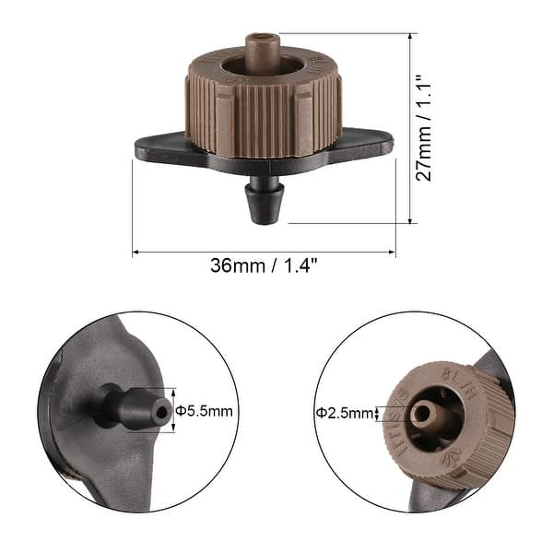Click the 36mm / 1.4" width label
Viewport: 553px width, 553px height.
pos(264,266)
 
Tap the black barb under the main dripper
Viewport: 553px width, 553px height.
pos(265,201)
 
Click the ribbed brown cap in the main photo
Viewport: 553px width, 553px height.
pos(264,115)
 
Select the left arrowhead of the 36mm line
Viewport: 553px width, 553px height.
pos(136,252)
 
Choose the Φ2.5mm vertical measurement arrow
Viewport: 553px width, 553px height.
pos(382,413)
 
